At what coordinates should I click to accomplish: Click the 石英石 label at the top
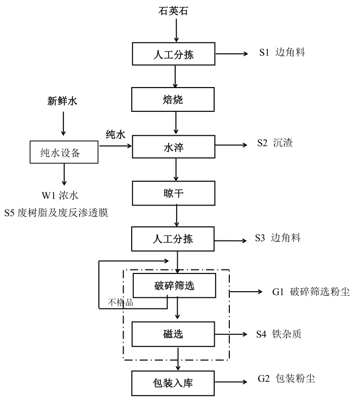point(176,10)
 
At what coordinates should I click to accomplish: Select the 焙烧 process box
point(174,99)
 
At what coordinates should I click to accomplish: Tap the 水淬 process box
point(174,146)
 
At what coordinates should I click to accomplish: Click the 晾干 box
point(174,192)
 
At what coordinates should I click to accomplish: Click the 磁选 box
point(174,334)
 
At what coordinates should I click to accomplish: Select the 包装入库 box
point(174,382)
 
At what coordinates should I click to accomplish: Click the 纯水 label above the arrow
point(115,135)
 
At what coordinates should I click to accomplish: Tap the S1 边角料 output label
point(282,53)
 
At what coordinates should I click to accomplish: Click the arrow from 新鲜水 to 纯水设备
point(63,125)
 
